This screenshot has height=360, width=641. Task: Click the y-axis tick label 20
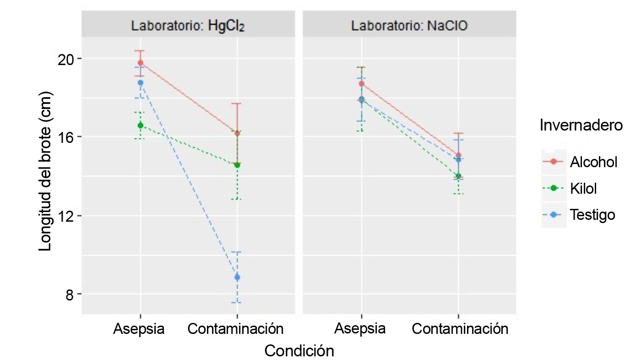66,59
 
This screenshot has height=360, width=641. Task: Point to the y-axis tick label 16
66,137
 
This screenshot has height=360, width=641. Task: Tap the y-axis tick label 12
66,215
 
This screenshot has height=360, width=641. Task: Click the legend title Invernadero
581,125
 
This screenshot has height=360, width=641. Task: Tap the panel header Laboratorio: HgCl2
188,26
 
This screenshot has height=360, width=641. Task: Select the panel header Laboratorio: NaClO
409,26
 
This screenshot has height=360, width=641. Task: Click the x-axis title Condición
299,351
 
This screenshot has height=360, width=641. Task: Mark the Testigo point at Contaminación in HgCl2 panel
237,277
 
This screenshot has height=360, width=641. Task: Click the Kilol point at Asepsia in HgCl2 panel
140,125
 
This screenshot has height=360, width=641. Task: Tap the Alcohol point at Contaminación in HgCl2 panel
237,133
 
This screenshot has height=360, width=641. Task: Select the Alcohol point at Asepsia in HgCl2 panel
140,63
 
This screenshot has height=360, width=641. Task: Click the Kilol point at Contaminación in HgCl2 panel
237,165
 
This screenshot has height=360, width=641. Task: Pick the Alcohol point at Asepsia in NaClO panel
361,83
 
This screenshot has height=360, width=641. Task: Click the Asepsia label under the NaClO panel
360,329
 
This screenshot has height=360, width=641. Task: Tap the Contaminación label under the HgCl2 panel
236,329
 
